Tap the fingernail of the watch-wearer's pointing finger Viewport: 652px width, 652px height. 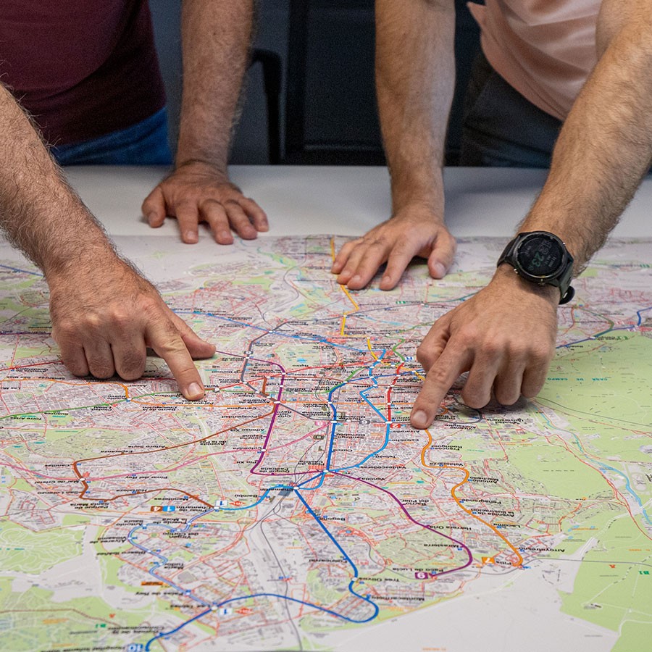pos(419,418)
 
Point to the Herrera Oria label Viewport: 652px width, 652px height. pos(450,527)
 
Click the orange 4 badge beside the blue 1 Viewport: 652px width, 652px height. pos(156,509)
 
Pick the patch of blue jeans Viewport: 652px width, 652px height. pos(116,145)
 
